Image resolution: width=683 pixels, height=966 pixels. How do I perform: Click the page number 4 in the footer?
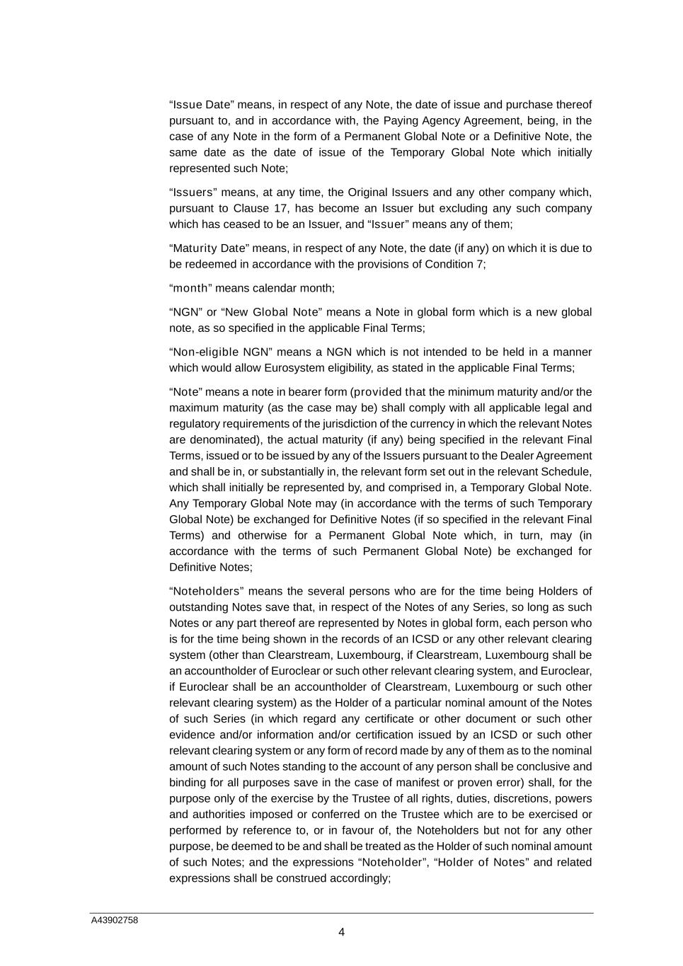[341, 932]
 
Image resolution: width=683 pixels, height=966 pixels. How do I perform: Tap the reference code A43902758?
[114, 920]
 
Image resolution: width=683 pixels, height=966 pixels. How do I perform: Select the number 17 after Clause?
[281, 208]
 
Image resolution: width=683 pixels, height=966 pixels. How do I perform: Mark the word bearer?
[312, 392]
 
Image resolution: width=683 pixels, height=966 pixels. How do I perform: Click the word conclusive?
[543, 766]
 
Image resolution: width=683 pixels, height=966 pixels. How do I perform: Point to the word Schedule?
[569, 471]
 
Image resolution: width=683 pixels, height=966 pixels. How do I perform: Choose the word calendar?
[276, 288]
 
